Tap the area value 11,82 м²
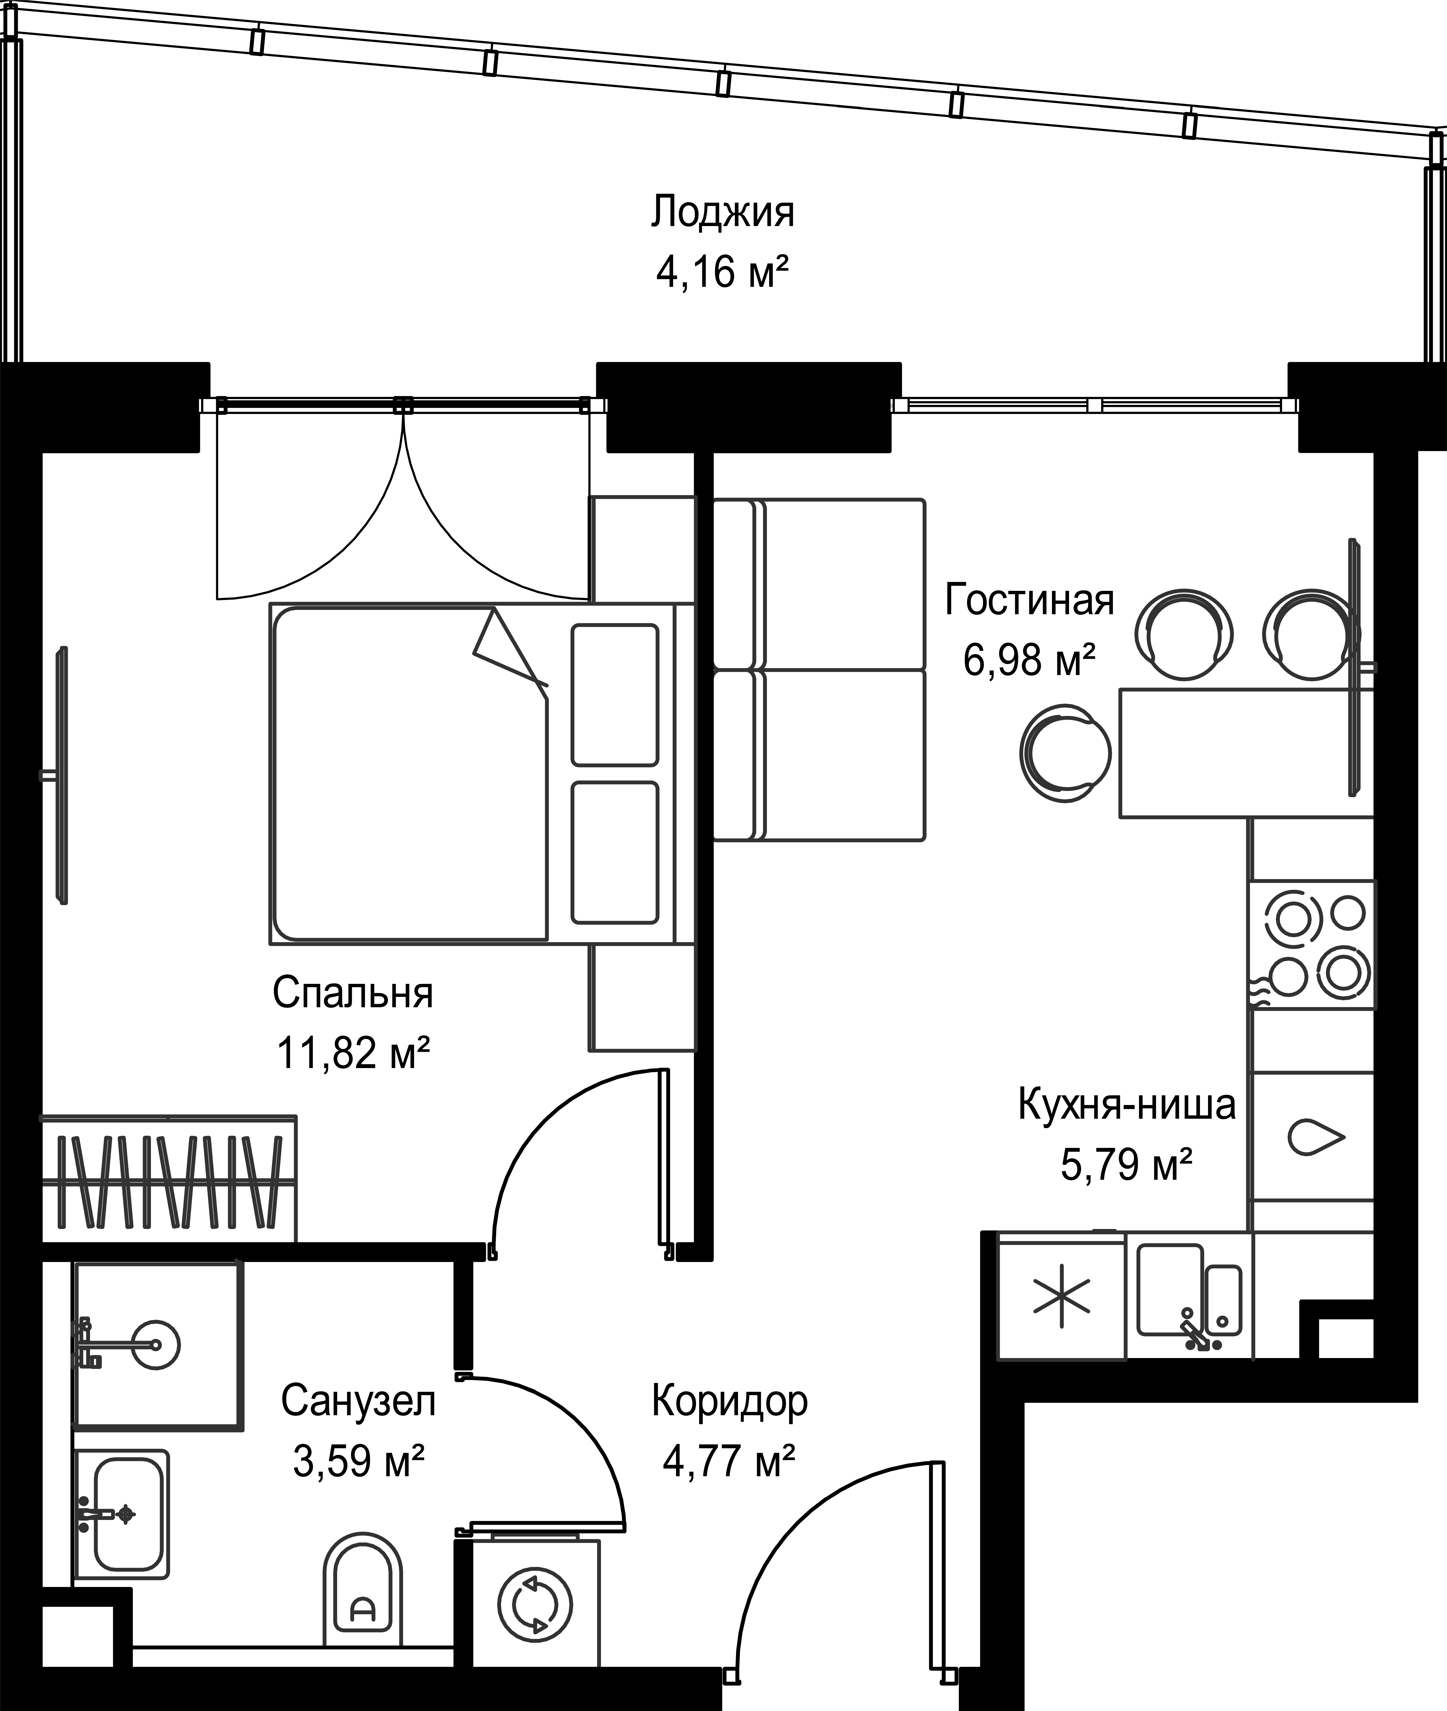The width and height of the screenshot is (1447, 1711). pos(354,1053)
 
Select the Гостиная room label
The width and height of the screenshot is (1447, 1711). pos(1030,600)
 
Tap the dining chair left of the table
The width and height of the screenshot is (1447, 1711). pos(1065,753)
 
